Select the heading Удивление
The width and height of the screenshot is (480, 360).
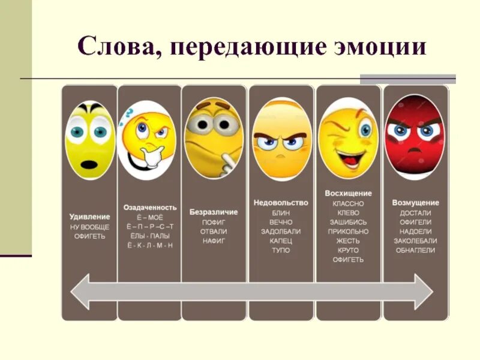(89, 216)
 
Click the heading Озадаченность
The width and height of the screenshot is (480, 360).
(150, 207)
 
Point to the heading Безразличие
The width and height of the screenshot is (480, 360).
(214, 212)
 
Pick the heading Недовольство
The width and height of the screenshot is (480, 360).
(281, 203)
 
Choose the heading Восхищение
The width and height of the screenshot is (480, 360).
(348, 193)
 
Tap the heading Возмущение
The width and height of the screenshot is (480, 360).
(415, 203)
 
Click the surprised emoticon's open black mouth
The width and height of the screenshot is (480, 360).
(89, 164)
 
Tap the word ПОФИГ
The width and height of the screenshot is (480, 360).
(214, 221)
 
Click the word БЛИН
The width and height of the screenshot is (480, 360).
(281, 212)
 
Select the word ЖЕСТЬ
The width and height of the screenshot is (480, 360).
(348, 241)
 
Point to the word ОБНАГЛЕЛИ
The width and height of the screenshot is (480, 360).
(415, 250)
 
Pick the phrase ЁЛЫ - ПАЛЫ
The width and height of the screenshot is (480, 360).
(150, 236)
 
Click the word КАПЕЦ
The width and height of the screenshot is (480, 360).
(281, 241)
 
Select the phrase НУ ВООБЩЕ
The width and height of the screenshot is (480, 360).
(89, 226)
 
